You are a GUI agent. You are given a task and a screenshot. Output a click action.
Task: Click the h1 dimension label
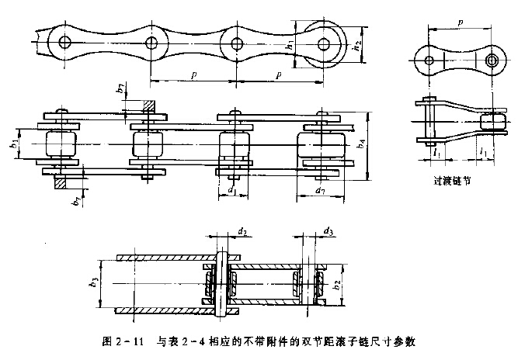coord(289,45)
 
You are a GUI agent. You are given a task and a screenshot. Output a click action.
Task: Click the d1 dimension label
coord(231,189)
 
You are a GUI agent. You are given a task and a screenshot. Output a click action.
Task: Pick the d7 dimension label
coord(320,189)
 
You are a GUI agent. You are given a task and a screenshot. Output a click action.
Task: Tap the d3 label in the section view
coord(329,232)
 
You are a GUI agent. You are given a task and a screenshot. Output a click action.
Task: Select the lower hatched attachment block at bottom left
coord(60,183)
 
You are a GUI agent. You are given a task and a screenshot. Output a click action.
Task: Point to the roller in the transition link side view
coord(492,122)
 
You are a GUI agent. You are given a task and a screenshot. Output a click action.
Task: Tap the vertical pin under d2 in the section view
coord(221,283)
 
